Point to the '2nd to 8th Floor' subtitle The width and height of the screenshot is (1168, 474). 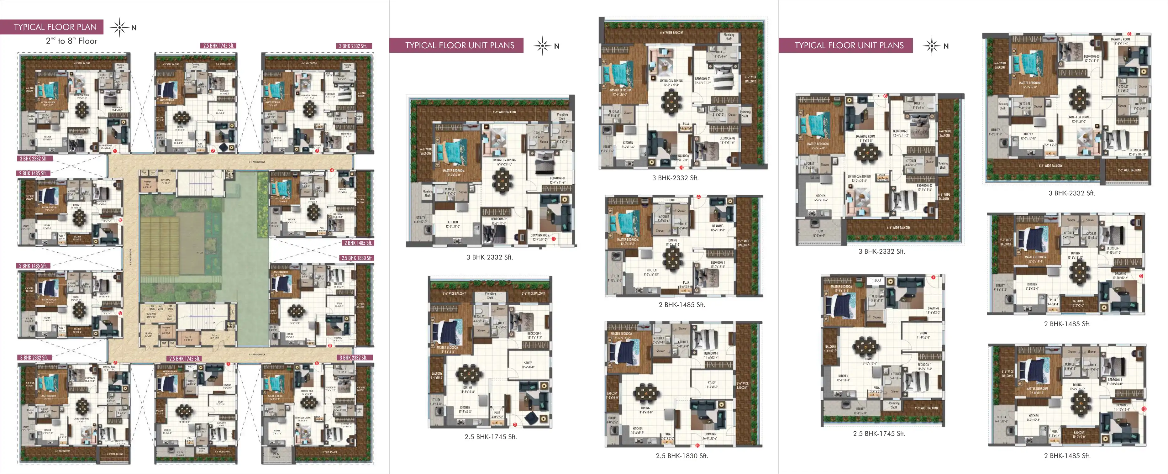pyautogui.click(x=72, y=41)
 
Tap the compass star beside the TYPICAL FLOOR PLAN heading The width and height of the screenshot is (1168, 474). pyautogui.click(x=120, y=27)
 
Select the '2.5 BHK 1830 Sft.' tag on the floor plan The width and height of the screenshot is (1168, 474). pyautogui.click(x=357, y=258)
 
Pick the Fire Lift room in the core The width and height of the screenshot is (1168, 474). pyautogui.click(x=188, y=337)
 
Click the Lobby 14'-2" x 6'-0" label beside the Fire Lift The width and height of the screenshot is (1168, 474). pyautogui.click(x=214, y=337)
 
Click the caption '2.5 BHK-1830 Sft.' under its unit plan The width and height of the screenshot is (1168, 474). pyautogui.click(x=681, y=456)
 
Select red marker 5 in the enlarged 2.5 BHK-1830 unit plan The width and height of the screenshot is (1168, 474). pyautogui.click(x=697, y=445)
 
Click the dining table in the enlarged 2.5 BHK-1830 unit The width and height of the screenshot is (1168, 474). pyautogui.click(x=646, y=393)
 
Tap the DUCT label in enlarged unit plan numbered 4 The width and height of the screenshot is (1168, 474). pyautogui.click(x=672, y=200)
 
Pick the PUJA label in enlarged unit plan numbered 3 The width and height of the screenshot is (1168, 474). pyautogui.click(x=686, y=124)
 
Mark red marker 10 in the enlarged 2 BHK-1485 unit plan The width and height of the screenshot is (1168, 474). pyautogui.click(x=1144, y=409)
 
